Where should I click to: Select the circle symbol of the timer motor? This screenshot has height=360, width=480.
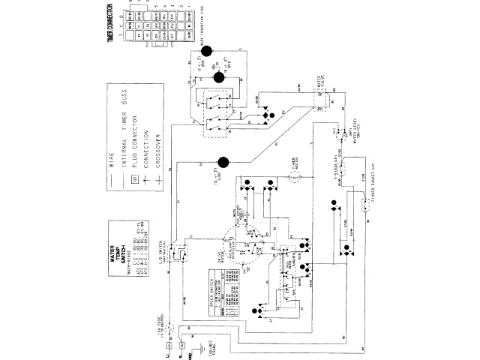click(295, 175)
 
